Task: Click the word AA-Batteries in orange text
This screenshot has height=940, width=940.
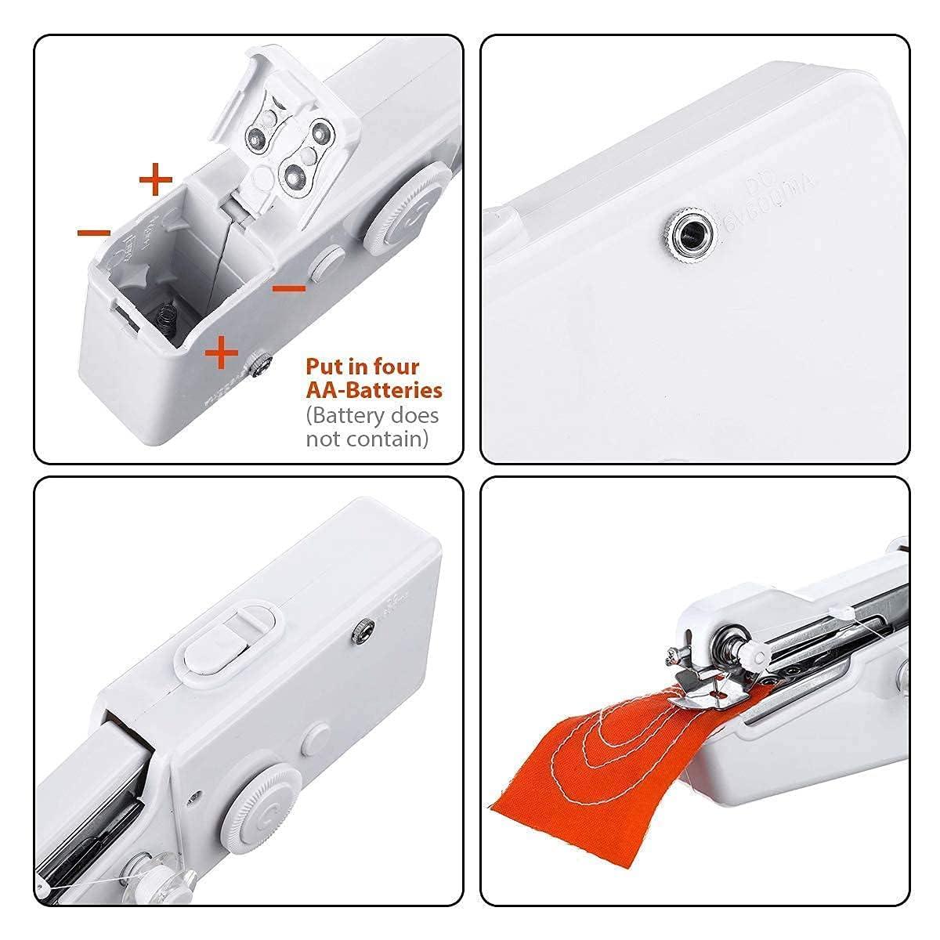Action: pos(374,389)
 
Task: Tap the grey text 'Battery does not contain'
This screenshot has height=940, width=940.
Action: pos(372,426)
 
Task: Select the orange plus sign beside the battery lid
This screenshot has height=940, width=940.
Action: pos(155,180)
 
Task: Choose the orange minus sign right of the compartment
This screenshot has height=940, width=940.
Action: pos(288,287)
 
